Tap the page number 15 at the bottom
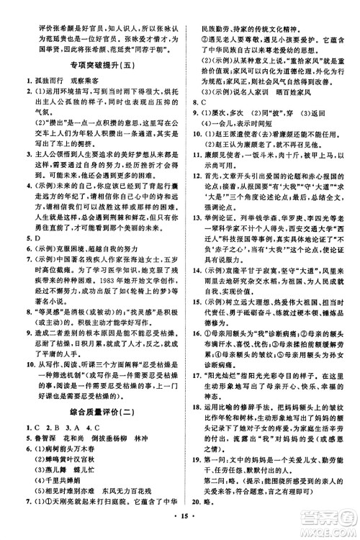(179, 525)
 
